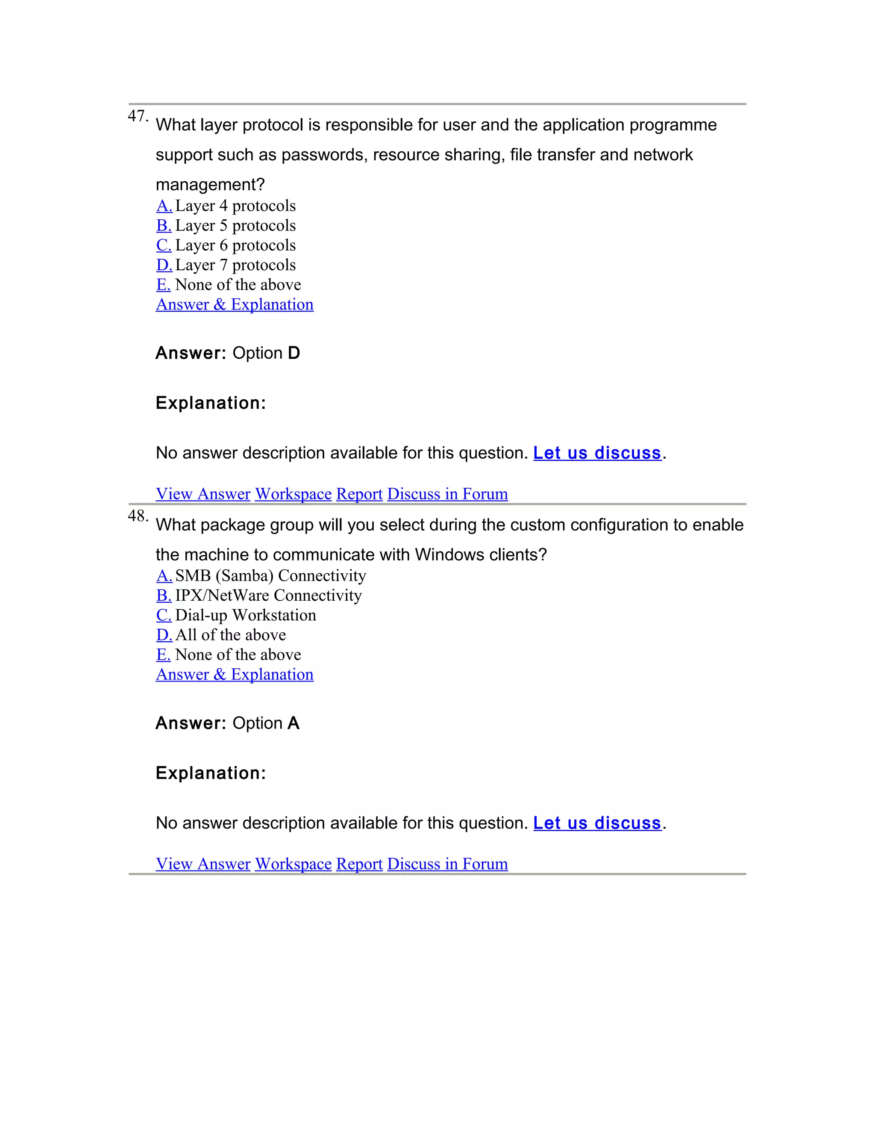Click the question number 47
(x=138, y=116)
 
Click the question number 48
(x=138, y=516)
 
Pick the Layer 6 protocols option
(x=164, y=245)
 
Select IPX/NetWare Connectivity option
(x=164, y=596)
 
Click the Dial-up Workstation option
(x=164, y=615)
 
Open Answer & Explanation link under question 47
(x=234, y=304)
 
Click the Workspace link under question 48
(x=293, y=864)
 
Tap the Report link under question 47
(x=359, y=494)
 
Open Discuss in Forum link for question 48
(x=447, y=864)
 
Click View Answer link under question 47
(x=203, y=494)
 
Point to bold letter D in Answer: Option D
(x=294, y=353)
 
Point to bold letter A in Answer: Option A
(x=294, y=723)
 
